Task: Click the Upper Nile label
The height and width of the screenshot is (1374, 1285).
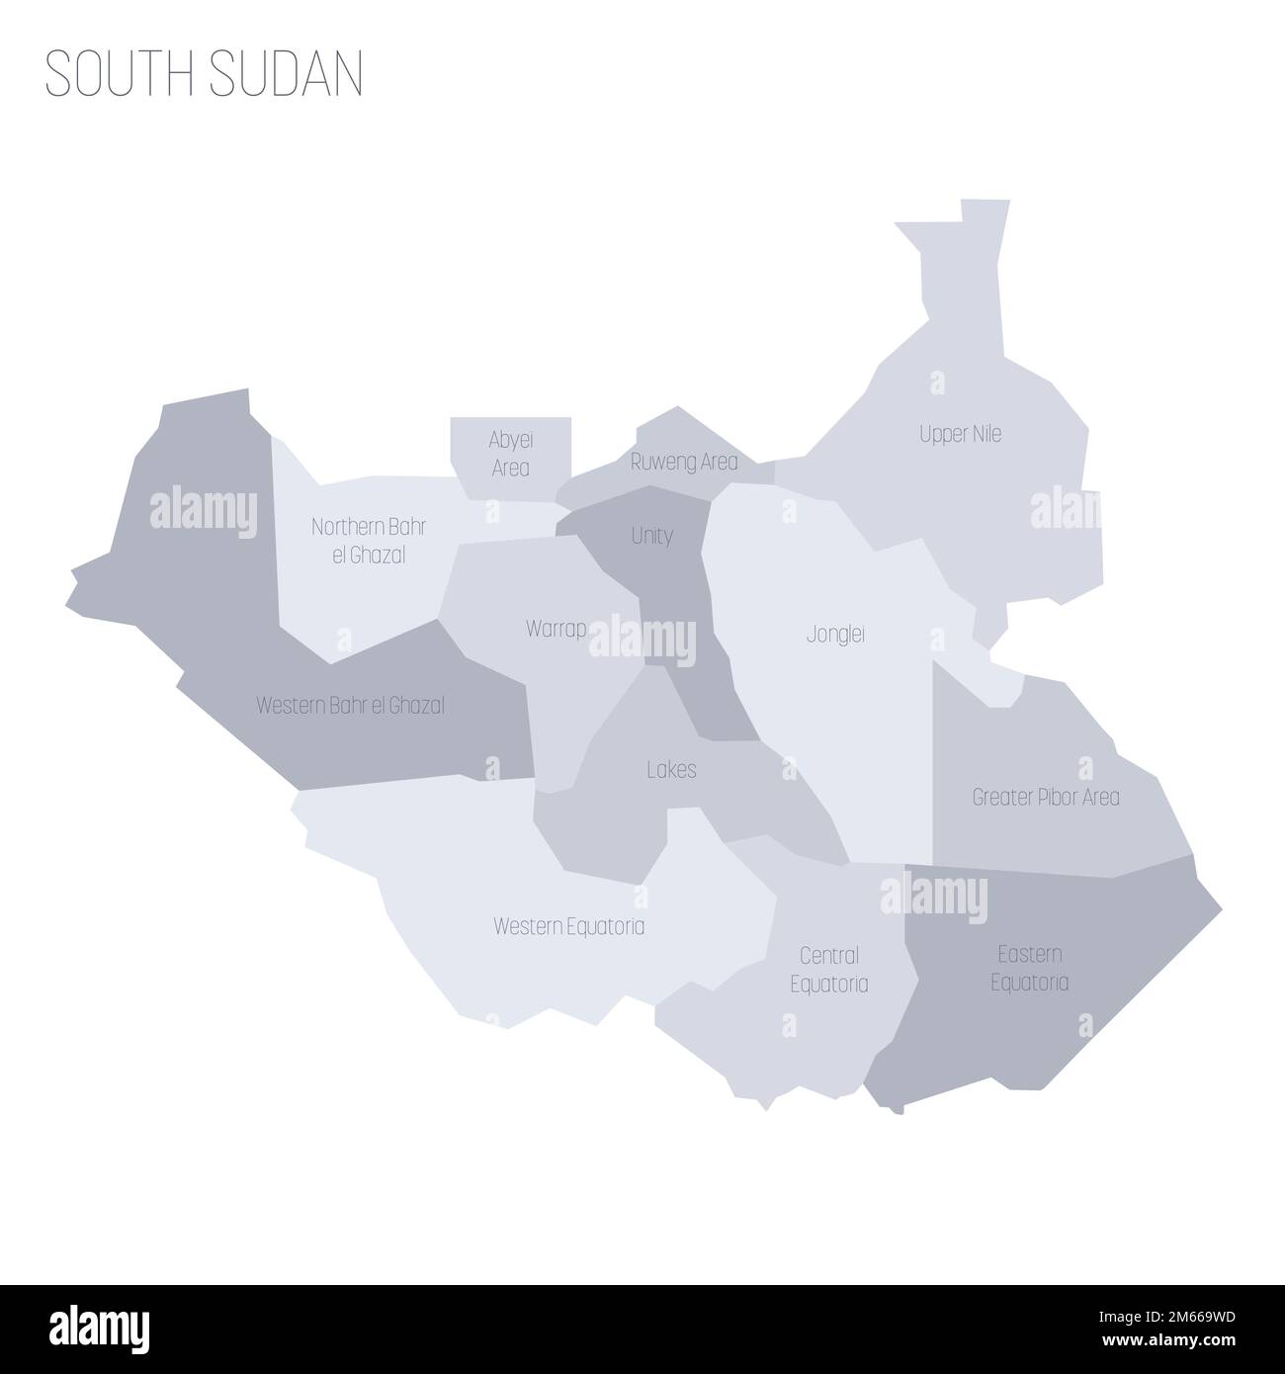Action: click(960, 434)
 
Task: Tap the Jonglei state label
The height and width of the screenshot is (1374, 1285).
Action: click(835, 635)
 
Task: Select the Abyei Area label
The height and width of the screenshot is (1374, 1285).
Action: click(510, 453)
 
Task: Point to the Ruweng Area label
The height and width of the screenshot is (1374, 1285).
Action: click(684, 462)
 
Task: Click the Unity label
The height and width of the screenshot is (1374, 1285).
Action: click(651, 536)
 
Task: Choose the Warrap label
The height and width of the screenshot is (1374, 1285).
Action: click(557, 629)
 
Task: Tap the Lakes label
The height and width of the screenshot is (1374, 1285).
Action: click(671, 769)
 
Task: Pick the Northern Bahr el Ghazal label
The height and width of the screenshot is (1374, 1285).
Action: click(369, 541)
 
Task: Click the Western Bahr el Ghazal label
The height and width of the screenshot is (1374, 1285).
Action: click(350, 706)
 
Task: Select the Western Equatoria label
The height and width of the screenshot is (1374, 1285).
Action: click(568, 927)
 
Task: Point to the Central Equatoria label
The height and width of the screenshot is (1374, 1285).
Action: click(828, 970)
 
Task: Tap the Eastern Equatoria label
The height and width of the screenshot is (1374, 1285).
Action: click(1030, 968)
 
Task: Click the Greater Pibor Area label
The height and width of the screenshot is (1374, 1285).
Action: click(1046, 797)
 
